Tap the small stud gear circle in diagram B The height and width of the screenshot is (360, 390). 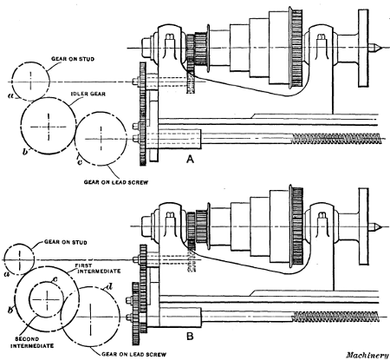[20, 258]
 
